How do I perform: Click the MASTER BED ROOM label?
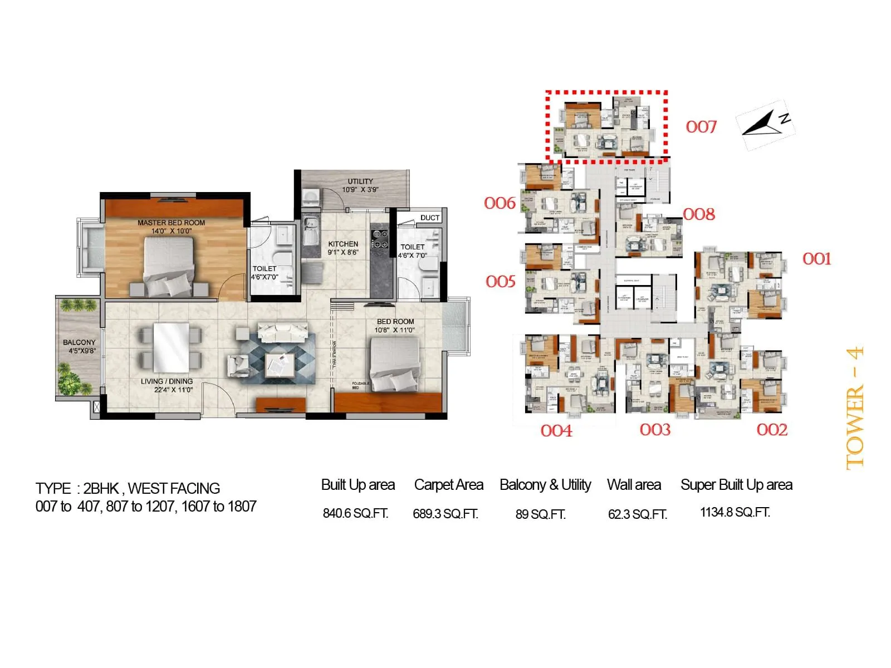171,223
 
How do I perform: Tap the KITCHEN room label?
343,244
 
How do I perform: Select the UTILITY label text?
360,181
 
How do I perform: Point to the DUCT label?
430,218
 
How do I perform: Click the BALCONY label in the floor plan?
79,343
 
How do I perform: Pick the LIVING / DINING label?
167,381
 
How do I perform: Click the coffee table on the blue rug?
279,364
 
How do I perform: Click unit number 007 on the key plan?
701,127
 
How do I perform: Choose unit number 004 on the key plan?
556,431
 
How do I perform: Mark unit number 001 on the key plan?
816,259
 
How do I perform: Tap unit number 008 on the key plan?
699,214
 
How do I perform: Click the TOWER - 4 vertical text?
855,407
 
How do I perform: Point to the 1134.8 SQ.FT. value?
735,513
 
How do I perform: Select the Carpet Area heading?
448,485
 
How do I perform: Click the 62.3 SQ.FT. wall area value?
637,514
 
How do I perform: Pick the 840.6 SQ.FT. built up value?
355,514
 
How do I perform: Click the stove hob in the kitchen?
380,240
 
